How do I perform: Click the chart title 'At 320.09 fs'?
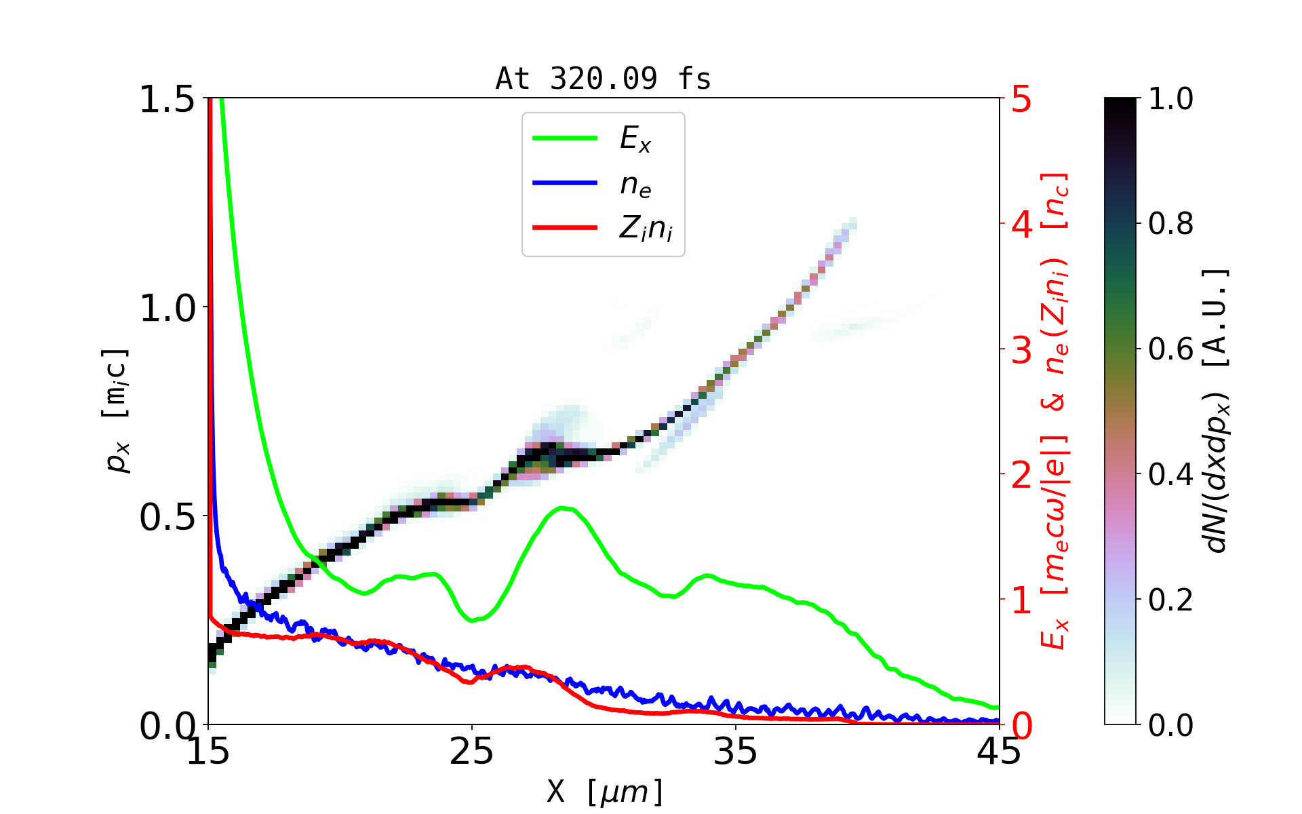pyautogui.click(x=603, y=79)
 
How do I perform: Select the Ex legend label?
pyautogui.click(x=635, y=139)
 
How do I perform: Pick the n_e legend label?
pyautogui.click(x=635, y=185)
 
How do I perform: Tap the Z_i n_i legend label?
pyautogui.click(x=646, y=229)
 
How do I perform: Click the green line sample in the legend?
pyautogui.click(x=565, y=138)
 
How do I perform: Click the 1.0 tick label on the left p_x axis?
pyautogui.click(x=167, y=308)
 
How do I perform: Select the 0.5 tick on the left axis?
pyautogui.click(x=167, y=517)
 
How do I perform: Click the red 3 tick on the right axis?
pyautogui.click(x=1021, y=350)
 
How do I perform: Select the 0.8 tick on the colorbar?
pyautogui.click(x=1170, y=224)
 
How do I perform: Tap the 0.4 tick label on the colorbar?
pyautogui.click(x=1170, y=475)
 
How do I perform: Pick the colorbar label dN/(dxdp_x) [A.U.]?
pyautogui.click(x=1217, y=411)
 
